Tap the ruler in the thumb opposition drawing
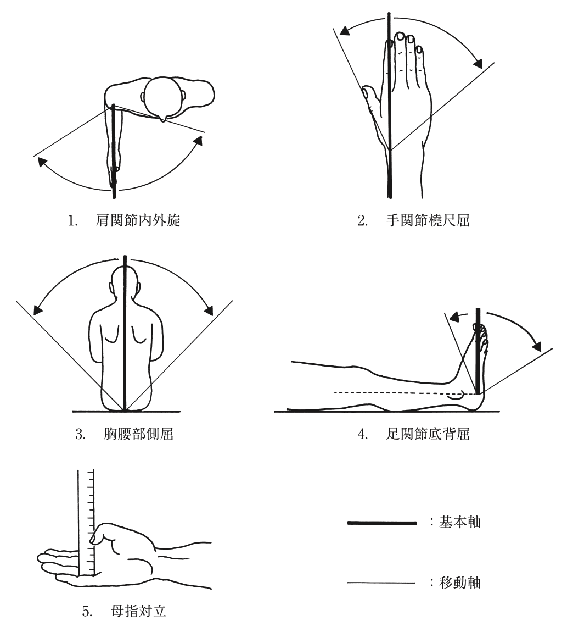(x=86, y=522)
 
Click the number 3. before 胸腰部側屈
(x=80, y=435)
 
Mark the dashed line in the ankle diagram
(x=395, y=393)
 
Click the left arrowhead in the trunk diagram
(x=37, y=310)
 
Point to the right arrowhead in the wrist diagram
(x=478, y=63)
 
